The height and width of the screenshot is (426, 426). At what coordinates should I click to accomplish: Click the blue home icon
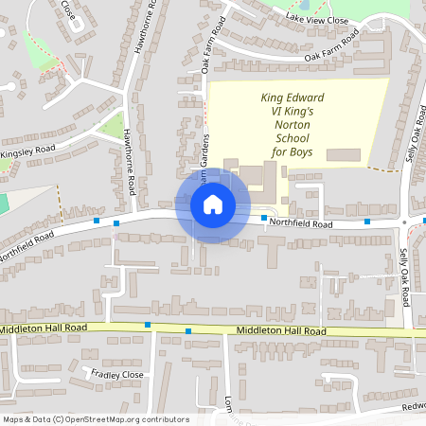(212, 204)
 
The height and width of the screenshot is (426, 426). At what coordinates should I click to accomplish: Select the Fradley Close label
(116, 375)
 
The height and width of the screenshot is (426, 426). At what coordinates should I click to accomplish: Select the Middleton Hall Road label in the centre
(281, 331)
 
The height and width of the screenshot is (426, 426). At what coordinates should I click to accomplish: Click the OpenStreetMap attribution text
(95, 419)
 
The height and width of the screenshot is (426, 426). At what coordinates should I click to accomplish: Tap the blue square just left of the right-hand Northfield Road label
(264, 219)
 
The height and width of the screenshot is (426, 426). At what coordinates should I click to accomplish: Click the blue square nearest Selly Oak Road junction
(367, 222)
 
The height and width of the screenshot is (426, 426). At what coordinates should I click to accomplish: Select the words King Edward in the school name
(293, 98)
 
